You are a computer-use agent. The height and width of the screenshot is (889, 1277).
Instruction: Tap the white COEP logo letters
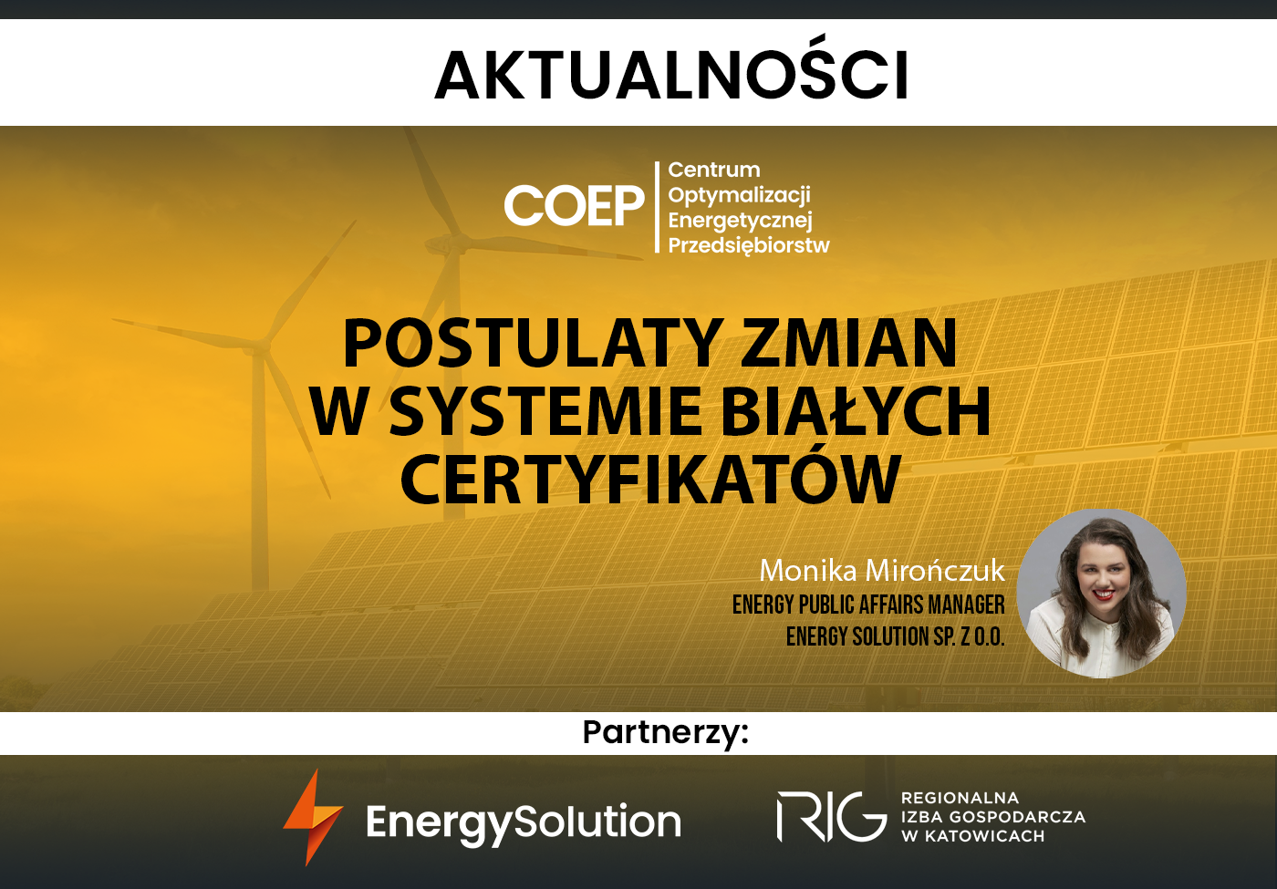(574, 205)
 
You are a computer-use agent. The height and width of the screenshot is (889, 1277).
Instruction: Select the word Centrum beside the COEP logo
(713, 170)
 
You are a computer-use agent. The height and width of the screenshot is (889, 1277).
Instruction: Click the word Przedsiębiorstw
(749, 245)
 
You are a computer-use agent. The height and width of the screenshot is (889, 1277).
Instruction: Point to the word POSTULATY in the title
(533, 344)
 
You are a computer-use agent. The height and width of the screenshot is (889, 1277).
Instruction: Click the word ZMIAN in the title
(849, 344)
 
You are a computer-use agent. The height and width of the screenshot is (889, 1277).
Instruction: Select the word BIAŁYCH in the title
(856, 410)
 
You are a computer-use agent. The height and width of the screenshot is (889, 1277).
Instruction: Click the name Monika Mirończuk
(882, 571)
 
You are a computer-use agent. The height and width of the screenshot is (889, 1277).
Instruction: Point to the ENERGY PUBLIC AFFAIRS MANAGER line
(868, 605)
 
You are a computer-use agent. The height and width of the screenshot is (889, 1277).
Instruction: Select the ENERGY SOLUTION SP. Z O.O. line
(895, 636)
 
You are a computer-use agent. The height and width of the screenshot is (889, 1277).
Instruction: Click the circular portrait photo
(1102, 594)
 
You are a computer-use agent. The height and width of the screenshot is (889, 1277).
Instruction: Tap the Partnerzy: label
(665, 733)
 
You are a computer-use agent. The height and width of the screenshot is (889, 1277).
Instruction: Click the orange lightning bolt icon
(313, 817)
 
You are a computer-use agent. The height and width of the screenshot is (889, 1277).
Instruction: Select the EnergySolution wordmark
(524, 822)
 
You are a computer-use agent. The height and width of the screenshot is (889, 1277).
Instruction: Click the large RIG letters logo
(832, 817)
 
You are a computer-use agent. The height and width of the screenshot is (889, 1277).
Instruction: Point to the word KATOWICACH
(984, 837)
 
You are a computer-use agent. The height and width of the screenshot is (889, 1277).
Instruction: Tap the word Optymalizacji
(739, 195)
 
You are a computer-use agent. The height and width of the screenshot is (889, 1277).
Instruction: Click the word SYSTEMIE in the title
(545, 410)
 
